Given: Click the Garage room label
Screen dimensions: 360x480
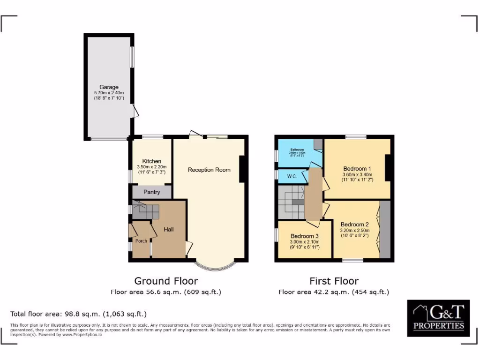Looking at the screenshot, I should (109, 87).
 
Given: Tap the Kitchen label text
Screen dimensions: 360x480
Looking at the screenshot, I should (151, 161).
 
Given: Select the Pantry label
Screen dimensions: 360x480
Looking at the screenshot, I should (151, 192).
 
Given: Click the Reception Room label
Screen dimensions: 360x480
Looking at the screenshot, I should (209, 170).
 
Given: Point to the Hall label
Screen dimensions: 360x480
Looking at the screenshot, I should (169, 230).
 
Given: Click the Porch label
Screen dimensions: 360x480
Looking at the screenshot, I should (141, 241).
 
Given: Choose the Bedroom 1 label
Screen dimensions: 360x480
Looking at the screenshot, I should (357, 169).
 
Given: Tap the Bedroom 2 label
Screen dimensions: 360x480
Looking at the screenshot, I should (355, 224).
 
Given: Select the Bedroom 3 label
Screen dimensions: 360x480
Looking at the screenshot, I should (305, 236).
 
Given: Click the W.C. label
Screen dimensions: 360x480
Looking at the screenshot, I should (290, 177).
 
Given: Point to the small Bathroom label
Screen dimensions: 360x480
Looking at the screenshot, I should (297, 150).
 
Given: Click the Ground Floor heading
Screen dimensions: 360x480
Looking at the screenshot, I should (166, 281).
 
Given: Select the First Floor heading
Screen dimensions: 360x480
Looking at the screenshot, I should (334, 281).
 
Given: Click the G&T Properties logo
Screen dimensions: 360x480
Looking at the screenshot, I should (438, 318).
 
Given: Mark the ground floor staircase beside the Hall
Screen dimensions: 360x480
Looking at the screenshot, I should (145, 210).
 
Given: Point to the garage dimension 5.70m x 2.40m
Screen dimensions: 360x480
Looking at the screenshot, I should (109, 93).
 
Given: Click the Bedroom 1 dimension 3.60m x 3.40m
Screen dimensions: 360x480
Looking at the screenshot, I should (357, 175).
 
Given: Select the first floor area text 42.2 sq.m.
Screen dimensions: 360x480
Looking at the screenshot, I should (334, 292).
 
